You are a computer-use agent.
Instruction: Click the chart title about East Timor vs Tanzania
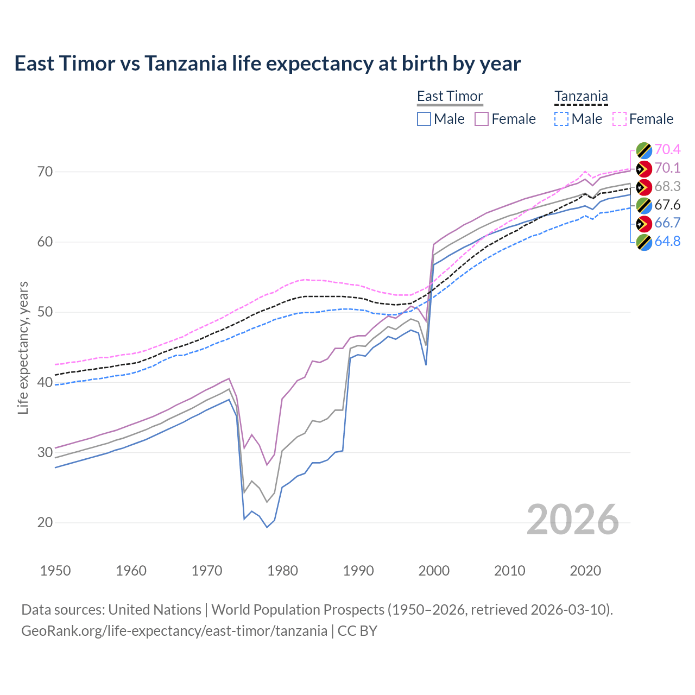[x=267, y=64]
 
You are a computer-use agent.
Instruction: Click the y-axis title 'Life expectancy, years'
[x=23, y=347]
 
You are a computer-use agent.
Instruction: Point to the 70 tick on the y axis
[x=45, y=172]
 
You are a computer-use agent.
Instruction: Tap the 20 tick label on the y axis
[x=45, y=523]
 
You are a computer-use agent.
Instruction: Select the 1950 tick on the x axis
[x=55, y=571]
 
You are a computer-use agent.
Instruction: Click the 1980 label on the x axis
[x=282, y=571]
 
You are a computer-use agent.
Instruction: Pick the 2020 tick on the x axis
[x=585, y=571]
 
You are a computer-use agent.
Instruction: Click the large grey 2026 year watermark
[x=572, y=520]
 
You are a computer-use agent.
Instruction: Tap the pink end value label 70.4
[x=667, y=149]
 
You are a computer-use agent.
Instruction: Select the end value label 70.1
[x=667, y=168]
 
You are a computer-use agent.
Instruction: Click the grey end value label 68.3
[x=667, y=186]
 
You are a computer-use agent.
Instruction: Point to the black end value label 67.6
[x=667, y=205]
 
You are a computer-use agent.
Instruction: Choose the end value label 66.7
[x=667, y=223]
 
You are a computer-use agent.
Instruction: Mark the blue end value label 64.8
[x=667, y=242]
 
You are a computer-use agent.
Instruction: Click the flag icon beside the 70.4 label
[x=644, y=150]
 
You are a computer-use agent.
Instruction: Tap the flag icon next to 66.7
[x=644, y=224]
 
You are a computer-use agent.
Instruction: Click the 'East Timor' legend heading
[x=450, y=96]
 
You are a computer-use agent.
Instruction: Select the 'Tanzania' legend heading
[x=581, y=96]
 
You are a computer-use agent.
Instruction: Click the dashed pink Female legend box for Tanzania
[x=620, y=119]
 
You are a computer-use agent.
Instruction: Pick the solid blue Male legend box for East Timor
[x=424, y=119]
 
